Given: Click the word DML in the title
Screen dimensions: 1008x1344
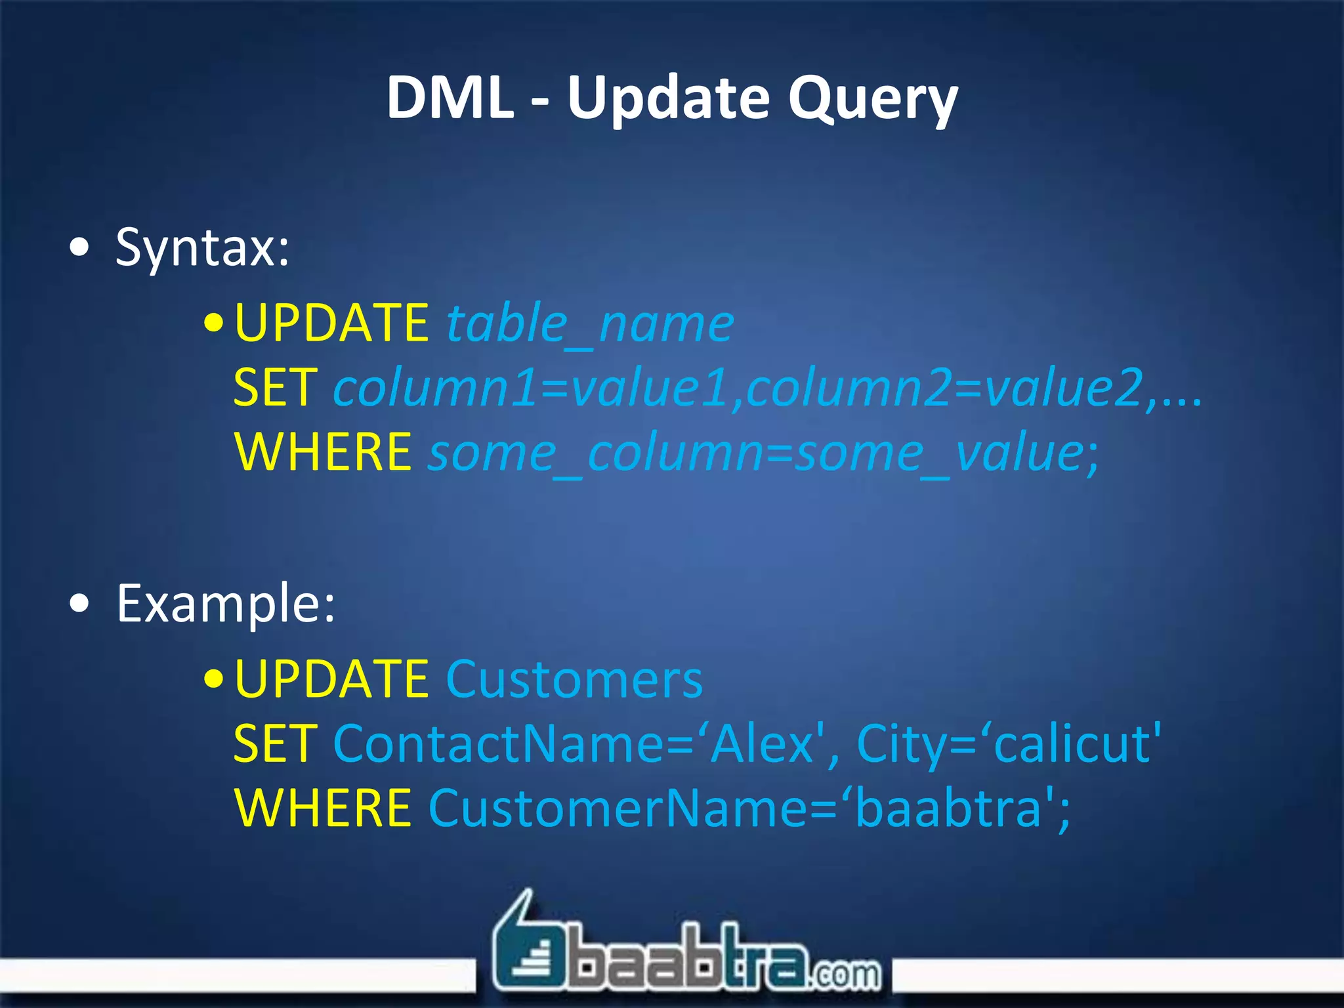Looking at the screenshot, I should click(x=450, y=98).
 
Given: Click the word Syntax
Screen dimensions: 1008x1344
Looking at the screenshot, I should click(x=202, y=248).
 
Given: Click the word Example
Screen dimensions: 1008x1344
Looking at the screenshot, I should click(x=226, y=604).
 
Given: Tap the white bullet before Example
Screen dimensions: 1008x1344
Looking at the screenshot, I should click(x=79, y=604).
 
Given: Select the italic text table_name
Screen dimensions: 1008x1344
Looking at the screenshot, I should click(x=589, y=324).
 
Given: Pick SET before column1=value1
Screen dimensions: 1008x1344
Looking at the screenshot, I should click(x=276, y=388).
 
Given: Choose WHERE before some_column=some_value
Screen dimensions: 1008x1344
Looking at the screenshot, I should click(x=323, y=452).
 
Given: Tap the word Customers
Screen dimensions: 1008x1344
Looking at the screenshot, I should click(x=574, y=679).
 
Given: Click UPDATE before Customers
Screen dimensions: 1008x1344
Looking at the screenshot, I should click(x=331, y=679).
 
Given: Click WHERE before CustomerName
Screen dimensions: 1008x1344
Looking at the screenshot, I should click(x=323, y=808).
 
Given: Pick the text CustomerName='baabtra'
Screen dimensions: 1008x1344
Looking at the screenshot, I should click(x=748, y=808).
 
